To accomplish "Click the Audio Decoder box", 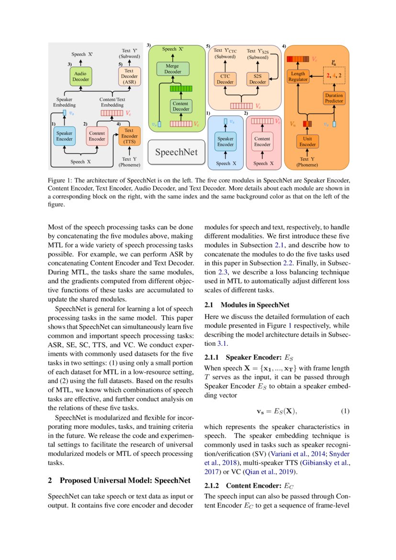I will point(80,77).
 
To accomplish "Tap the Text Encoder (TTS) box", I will point(129,136).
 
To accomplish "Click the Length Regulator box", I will point(298,77).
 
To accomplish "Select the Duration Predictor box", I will point(334,98).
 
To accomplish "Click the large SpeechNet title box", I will point(175,153).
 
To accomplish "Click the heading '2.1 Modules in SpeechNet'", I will point(247,305).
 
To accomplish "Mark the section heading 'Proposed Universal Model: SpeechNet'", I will point(124,480).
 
